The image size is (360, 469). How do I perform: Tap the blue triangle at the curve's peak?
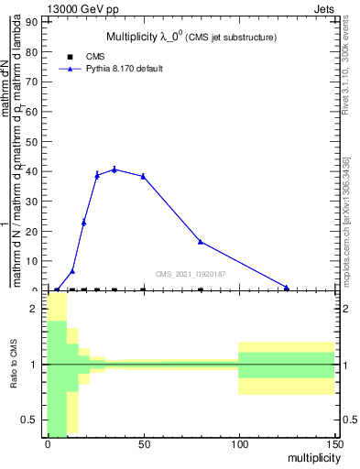[115, 169]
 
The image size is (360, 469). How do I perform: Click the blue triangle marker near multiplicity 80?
[201, 242]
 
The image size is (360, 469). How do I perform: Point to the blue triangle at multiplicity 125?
[287, 288]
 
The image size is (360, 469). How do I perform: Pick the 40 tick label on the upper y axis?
[33, 171]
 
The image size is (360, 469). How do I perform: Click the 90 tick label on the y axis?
[33, 21]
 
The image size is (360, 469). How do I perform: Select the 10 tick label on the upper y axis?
[33, 261]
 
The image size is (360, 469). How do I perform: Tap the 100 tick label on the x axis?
[239, 444]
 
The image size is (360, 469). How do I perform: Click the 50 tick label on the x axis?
[143, 444]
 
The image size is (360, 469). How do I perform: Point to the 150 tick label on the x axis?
[334, 444]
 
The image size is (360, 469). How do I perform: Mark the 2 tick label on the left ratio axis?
[35, 309]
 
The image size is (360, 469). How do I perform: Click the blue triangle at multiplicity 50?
[143, 176]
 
